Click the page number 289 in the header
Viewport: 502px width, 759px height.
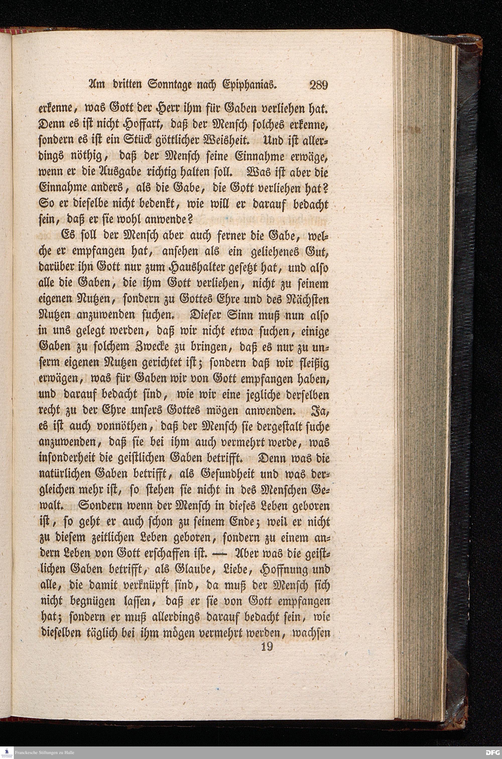tap(318, 86)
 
